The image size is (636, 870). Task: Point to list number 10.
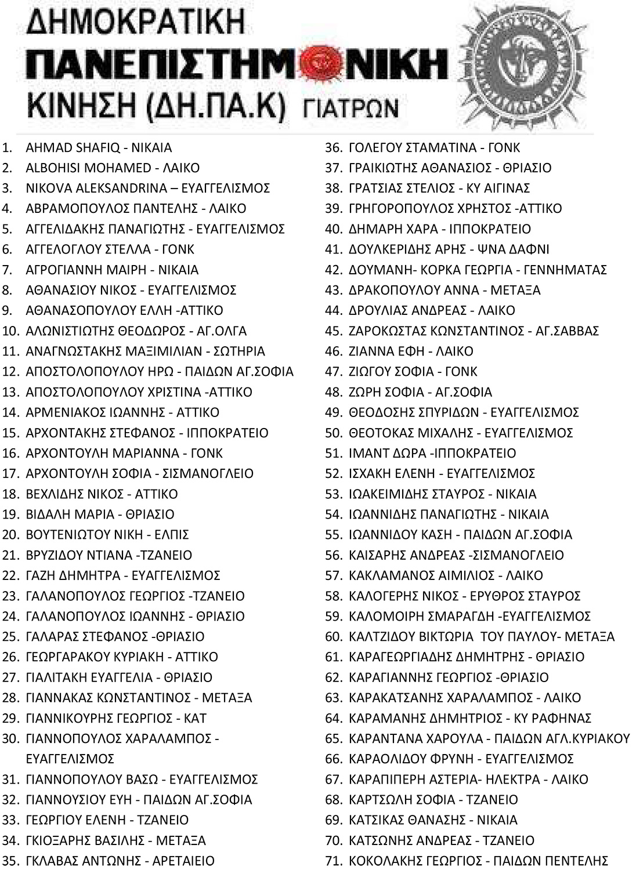12,331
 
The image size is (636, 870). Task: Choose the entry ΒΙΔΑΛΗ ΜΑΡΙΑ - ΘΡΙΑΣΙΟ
100,514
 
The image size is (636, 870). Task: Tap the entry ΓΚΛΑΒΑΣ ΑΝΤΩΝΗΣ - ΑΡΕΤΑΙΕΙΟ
120,861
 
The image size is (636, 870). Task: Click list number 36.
334,147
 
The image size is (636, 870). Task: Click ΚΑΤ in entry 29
195,718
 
